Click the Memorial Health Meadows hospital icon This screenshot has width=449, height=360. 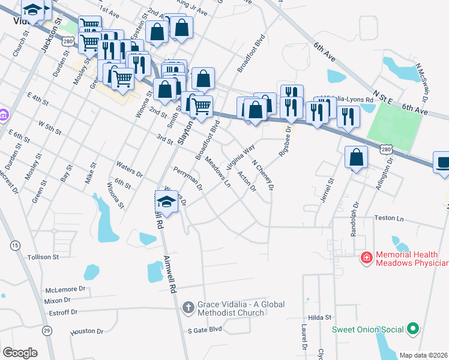366,258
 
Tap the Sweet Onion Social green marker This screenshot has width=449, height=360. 412,329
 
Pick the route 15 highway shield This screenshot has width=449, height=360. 14,245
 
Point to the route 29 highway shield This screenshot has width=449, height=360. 47,329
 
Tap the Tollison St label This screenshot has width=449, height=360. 43,257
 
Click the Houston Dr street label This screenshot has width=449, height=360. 87,331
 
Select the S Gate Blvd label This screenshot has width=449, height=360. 205,329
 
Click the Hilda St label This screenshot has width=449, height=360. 320,317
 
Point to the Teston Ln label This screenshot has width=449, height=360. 390,218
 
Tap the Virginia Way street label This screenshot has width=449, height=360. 241,155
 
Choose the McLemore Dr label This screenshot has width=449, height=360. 65,289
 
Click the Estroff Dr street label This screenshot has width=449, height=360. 61,312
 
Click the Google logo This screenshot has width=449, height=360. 20,353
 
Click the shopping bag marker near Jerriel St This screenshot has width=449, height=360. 357,157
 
